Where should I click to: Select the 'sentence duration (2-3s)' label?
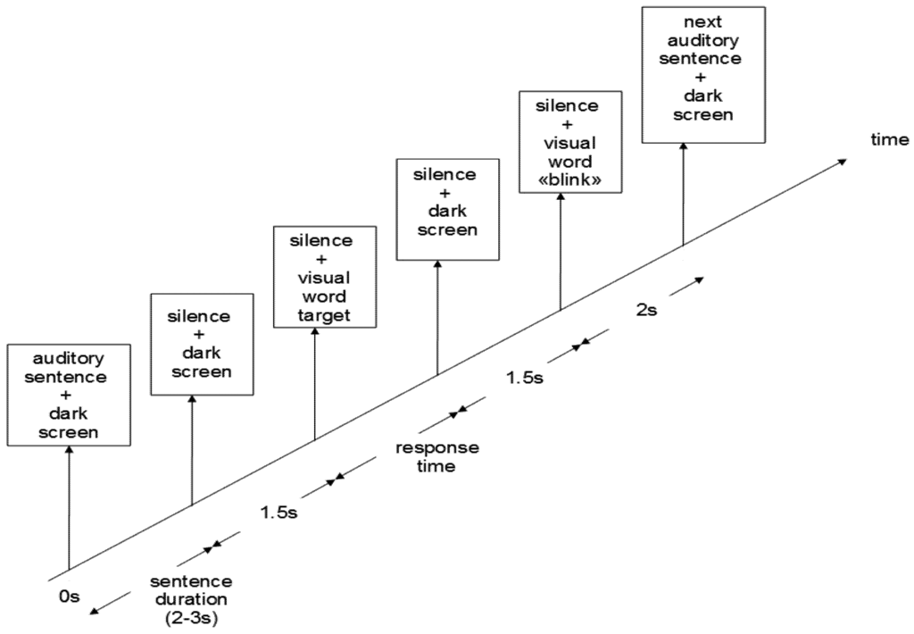pyautogui.click(x=190, y=598)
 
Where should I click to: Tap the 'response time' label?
pyautogui.click(x=437, y=456)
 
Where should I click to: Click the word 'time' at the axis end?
pyautogui.click(x=890, y=139)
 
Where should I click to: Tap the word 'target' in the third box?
pyautogui.click(x=315, y=315)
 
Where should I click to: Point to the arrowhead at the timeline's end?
pyautogui.click(x=841, y=162)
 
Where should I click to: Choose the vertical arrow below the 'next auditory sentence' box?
pyautogui.click(x=684, y=191)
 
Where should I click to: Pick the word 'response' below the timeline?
pyautogui.click(x=437, y=447)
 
